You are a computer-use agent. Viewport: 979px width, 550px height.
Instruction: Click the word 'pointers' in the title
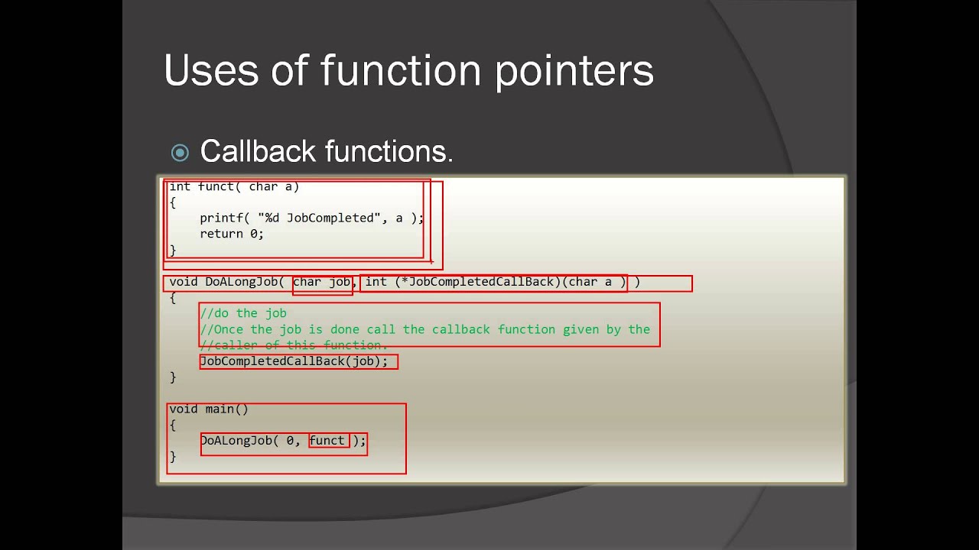pos(574,71)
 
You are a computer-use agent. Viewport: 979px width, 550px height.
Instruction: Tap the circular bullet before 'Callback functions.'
pos(180,153)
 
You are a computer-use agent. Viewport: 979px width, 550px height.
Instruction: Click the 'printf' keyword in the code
pos(222,218)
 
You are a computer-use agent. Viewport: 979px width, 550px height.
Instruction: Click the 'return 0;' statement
pos(232,235)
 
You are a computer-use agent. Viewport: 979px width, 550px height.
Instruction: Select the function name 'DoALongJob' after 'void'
pos(241,282)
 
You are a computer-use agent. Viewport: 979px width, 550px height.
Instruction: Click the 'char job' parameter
pos(321,282)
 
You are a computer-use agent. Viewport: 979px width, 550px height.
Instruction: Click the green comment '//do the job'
pos(243,313)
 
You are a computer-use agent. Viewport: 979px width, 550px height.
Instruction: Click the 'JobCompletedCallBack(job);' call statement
pos(294,361)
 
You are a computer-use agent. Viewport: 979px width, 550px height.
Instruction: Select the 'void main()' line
pos(209,409)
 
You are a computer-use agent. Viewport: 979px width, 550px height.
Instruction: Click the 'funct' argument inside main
pos(327,441)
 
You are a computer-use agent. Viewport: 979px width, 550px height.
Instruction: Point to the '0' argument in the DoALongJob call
pos(290,441)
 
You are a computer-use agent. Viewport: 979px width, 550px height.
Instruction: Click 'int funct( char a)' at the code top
pos(234,186)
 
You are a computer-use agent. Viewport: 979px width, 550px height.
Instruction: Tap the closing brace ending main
pos(173,457)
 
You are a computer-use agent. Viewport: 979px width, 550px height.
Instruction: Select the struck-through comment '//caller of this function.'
pos(294,345)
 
